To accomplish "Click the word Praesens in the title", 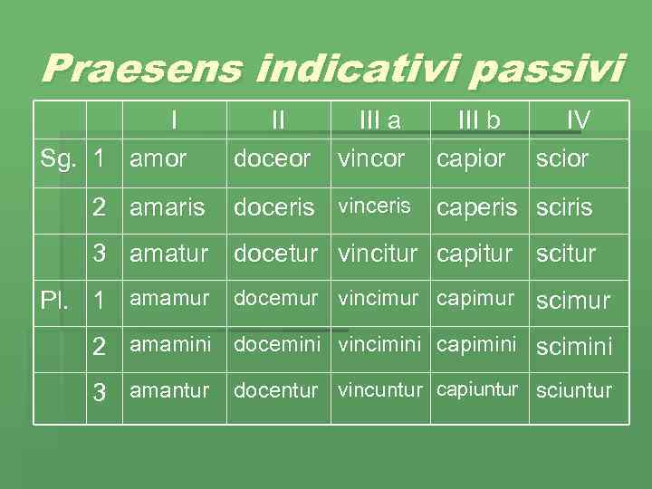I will tap(139, 69).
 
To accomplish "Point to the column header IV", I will tap(578, 120).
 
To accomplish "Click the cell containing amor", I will tap(158, 158).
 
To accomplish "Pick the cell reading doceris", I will tap(273, 207).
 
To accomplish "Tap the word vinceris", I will tap(374, 206).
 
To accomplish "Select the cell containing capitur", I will tap(475, 254).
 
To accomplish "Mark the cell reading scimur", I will tap(572, 301).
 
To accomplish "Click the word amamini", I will tap(170, 344).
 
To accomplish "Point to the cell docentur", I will tap(276, 390).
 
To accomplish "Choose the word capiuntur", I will tap(477, 389).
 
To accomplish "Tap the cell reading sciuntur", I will tap(574, 391).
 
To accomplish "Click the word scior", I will tap(561, 158).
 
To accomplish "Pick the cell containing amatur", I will tap(168, 254).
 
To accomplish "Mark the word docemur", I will tap(276, 298).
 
